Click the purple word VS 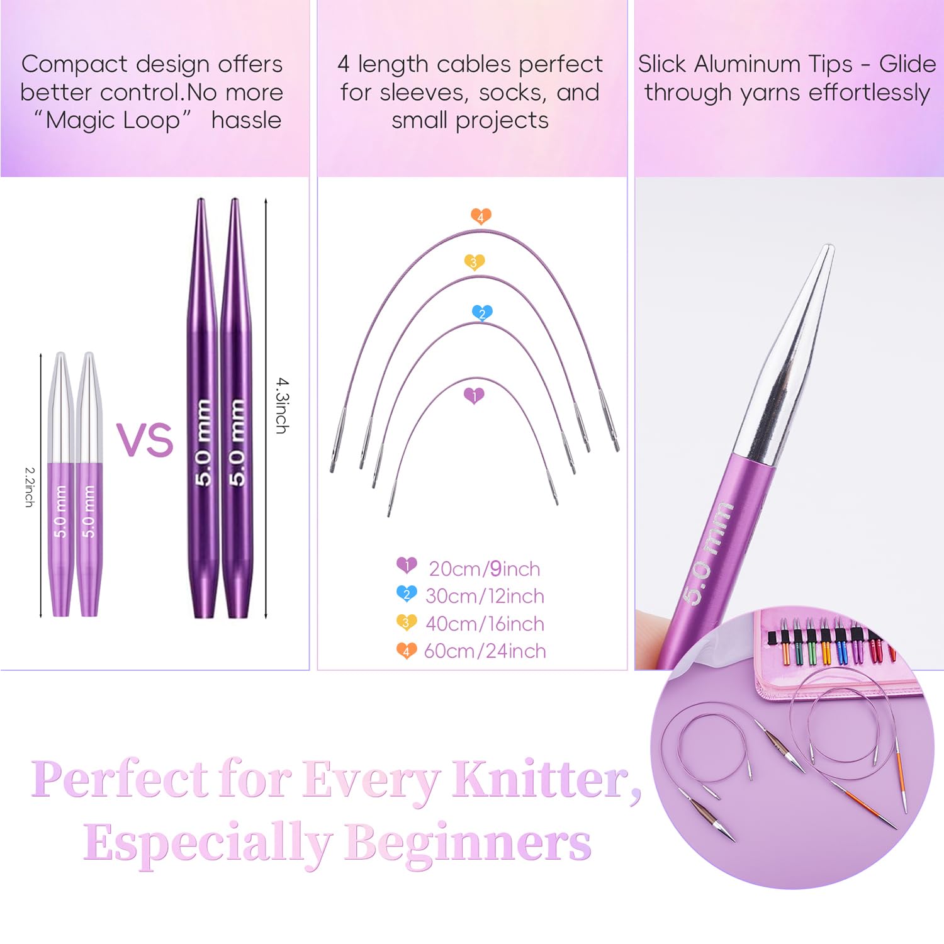pyautogui.click(x=145, y=439)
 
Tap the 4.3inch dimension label pyautogui.click(x=283, y=405)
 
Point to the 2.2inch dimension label pyautogui.click(x=29, y=486)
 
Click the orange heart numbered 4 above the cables pyautogui.click(x=481, y=216)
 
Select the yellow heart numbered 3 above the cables pyautogui.click(x=474, y=262)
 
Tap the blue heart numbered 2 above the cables pyautogui.click(x=482, y=313)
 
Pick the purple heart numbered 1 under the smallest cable pyautogui.click(x=474, y=396)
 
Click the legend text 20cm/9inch pyautogui.click(x=485, y=569)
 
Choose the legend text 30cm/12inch pyautogui.click(x=485, y=596)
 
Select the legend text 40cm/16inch pyautogui.click(x=485, y=624)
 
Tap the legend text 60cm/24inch pyautogui.click(x=485, y=651)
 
